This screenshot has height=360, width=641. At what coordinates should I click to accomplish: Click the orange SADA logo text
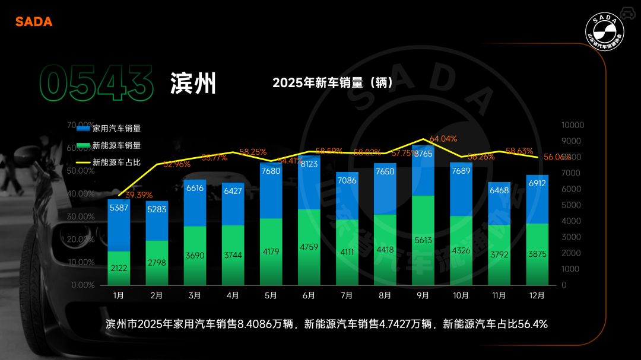pos(34,22)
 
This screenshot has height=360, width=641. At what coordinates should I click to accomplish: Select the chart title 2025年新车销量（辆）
pos(333,83)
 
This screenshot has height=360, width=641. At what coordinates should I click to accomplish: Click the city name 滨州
pos(193,84)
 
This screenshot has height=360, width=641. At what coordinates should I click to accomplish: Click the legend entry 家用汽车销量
pos(116,128)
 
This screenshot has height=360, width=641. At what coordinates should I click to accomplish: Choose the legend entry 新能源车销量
pos(116,145)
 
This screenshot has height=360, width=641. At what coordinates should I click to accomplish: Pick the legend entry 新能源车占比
pos(116,162)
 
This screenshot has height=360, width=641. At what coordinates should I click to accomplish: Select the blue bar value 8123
pos(309,164)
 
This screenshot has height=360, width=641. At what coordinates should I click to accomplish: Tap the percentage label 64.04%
pos(443,139)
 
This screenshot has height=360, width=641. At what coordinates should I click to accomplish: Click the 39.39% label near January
pos(138,195)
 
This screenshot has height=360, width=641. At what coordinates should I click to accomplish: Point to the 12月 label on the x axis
pos(537,295)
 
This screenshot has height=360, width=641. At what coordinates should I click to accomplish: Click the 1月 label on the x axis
pos(119,295)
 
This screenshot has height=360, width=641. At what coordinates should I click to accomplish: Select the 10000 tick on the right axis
pos(573,125)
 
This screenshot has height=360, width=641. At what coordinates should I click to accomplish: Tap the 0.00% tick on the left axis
pos(82,285)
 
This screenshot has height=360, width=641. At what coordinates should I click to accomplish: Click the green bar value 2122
pos(119,268)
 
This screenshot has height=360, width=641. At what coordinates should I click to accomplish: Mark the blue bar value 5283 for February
pos(157,210)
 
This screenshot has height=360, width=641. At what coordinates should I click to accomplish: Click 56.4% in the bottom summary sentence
pos(532,324)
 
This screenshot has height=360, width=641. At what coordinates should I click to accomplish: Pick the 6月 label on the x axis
pos(309,295)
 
